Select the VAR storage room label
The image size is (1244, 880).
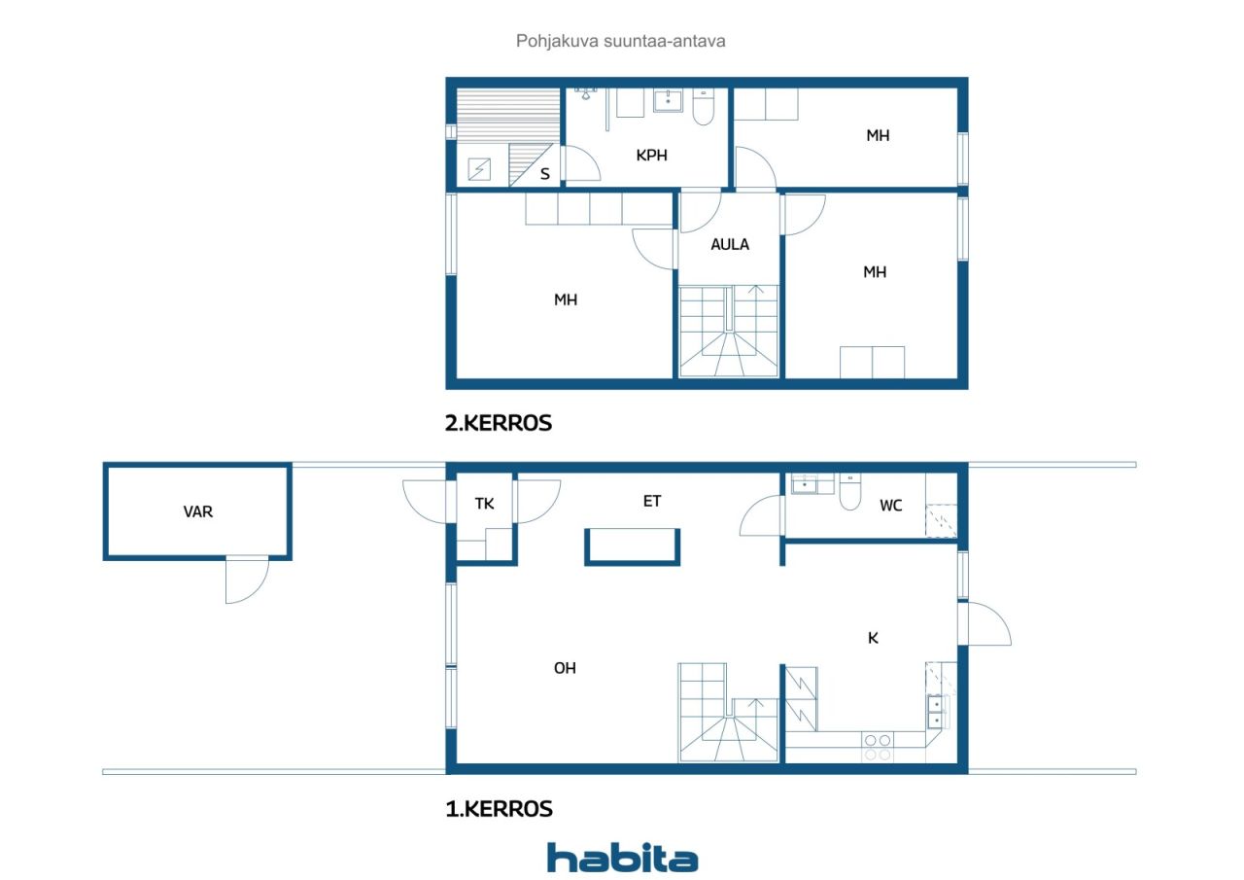tap(197, 511)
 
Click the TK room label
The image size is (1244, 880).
tap(484, 504)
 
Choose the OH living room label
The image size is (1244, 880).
tap(565, 668)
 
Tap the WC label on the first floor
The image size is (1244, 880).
tap(891, 506)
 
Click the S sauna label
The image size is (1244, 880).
tap(545, 174)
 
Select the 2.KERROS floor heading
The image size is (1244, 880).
tap(499, 423)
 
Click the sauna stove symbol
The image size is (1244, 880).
tap(479, 169)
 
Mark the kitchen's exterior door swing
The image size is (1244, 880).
tap(989, 623)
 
